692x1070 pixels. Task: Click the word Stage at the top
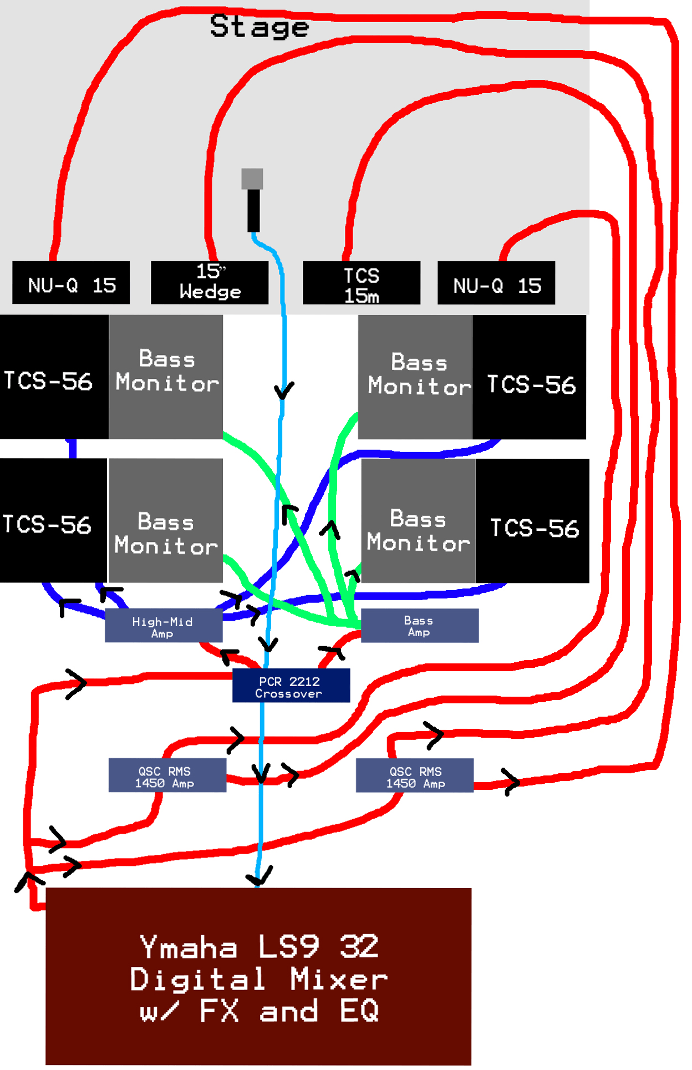(x=259, y=27)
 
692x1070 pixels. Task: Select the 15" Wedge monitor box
(x=210, y=282)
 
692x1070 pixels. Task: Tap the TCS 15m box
(x=361, y=283)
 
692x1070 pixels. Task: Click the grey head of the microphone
(x=252, y=179)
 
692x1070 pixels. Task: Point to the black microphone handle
(x=253, y=210)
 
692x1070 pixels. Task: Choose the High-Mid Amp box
(x=164, y=626)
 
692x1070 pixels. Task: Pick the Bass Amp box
(x=419, y=626)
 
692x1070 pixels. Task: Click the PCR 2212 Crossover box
(x=291, y=686)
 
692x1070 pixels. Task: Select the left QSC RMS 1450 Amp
(x=167, y=775)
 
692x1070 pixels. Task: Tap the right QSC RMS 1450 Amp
(x=414, y=775)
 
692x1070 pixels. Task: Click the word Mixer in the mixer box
(x=339, y=979)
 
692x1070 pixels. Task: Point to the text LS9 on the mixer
(x=289, y=946)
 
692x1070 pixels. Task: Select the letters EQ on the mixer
(x=360, y=1011)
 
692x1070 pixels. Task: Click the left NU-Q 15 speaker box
(x=71, y=283)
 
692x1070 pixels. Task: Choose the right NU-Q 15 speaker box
(x=496, y=283)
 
